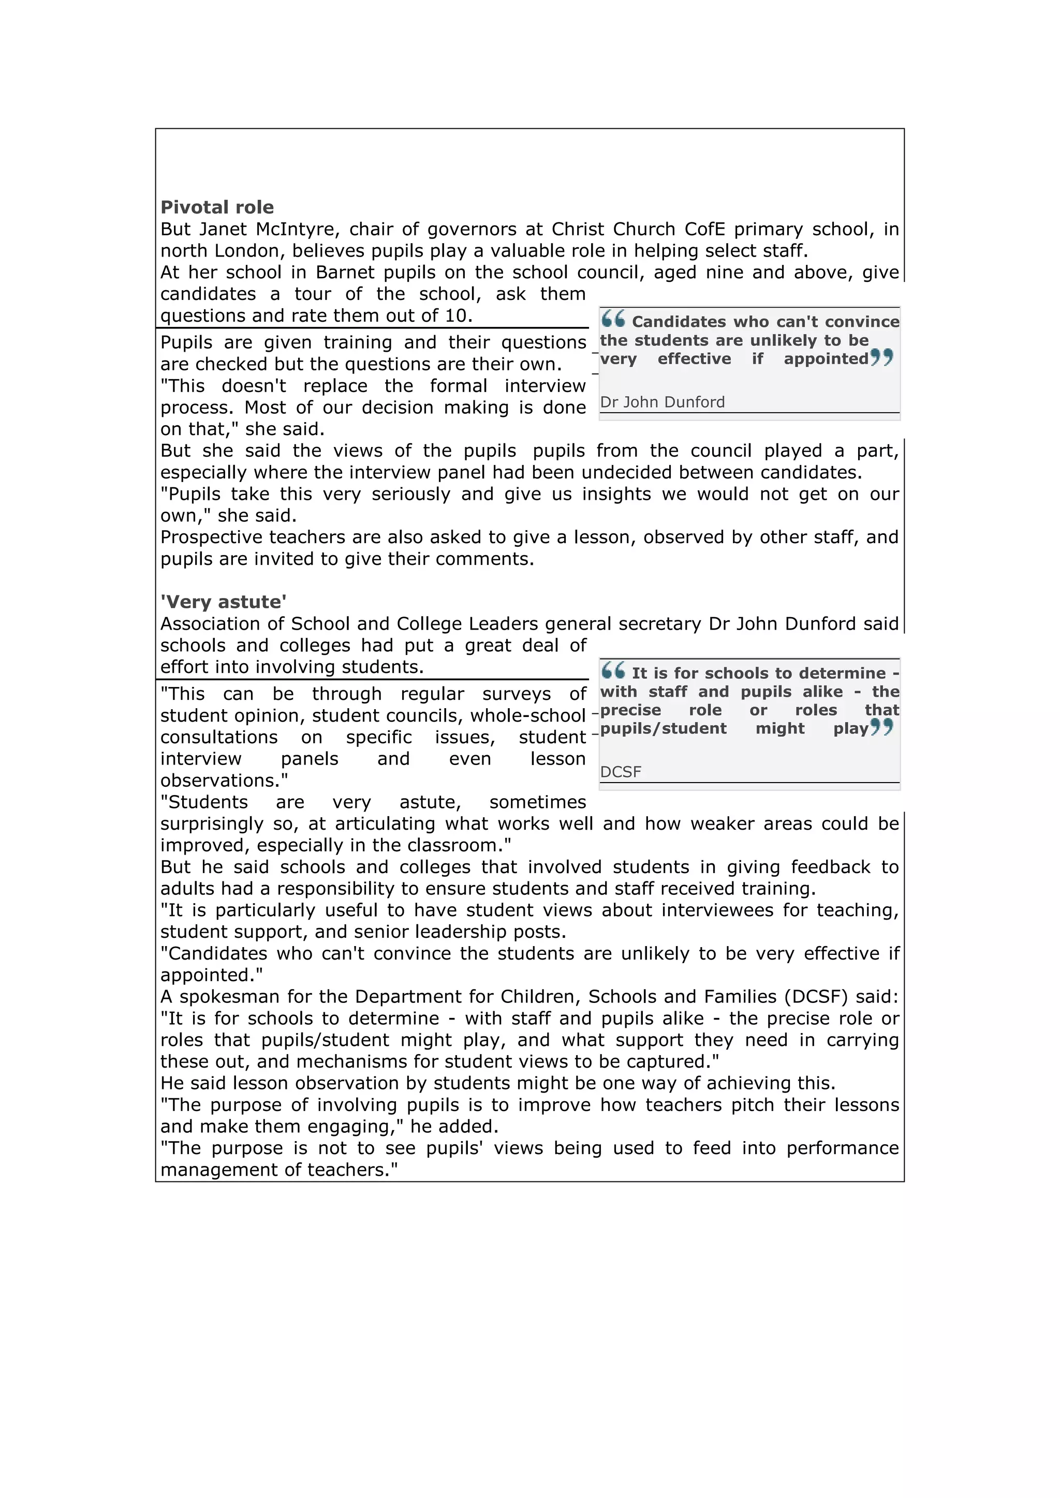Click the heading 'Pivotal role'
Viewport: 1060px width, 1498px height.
click(x=217, y=207)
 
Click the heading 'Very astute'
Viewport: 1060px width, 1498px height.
click(x=223, y=602)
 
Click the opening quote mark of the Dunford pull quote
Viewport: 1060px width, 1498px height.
click(x=613, y=319)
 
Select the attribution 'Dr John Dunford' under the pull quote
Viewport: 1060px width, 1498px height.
click(x=662, y=402)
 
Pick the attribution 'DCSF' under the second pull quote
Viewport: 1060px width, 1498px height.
click(x=620, y=772)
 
